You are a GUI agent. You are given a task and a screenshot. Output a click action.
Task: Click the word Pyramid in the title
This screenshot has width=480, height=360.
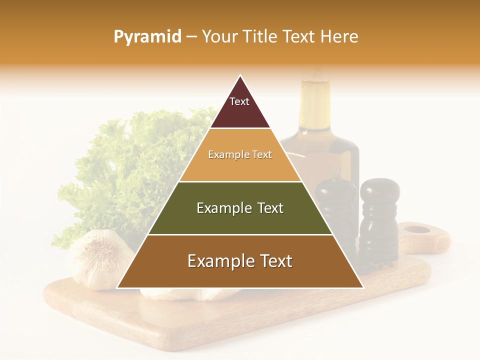click(x=147, y=37)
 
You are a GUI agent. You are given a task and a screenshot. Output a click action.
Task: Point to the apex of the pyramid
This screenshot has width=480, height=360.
click(x=240, y=76)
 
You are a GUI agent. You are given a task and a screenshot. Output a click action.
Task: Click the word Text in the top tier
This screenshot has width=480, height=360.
click(x=239, y=101)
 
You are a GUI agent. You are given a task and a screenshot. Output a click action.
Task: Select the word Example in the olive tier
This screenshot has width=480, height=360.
click(x=223, y=208)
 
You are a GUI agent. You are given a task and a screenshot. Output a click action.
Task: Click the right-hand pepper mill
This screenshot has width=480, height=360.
click(x=379, y=220)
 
